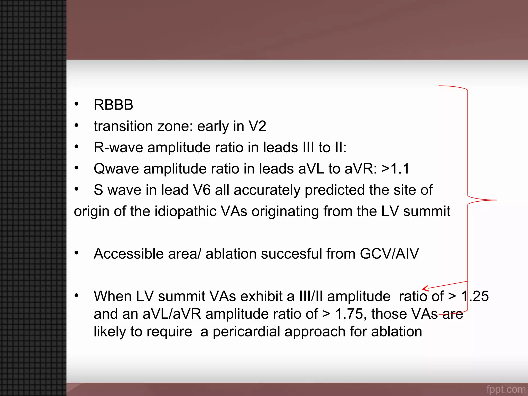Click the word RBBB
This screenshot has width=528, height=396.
(x=113, y=105)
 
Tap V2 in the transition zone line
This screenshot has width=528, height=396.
(x=257, y=126)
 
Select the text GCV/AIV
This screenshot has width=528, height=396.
(x=389, y=254)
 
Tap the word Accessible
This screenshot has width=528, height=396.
(x=129, y=254)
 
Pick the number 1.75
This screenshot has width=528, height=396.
(x=349, y=314)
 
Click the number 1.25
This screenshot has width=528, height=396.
(x=475, y=296)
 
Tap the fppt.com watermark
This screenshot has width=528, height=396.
(x=506, y=389)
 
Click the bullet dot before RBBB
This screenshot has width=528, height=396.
(x=76, y=104)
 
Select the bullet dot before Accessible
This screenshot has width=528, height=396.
(x=76, y=253)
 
